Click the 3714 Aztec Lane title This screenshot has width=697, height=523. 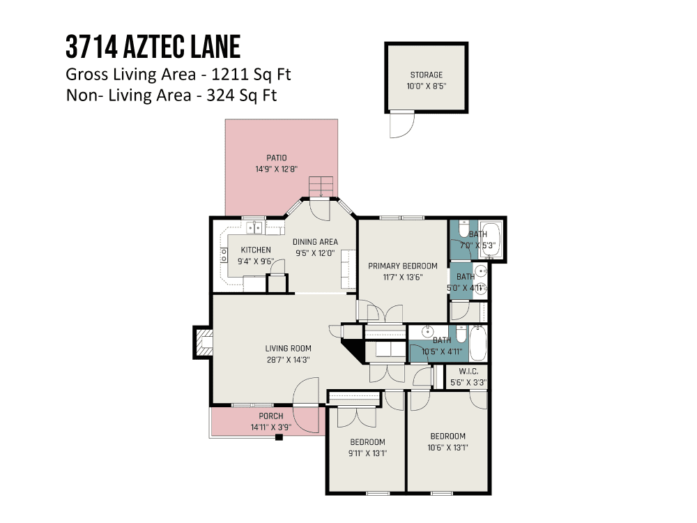153,47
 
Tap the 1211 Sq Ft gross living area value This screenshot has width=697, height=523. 251,75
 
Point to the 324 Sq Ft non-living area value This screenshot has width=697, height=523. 241,95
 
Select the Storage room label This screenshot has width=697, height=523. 427,75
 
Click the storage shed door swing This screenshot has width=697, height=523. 402,126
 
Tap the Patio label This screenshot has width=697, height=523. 277,158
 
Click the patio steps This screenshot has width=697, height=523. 321,187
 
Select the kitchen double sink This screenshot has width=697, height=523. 254,228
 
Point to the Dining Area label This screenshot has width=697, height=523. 315,242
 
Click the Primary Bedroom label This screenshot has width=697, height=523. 403,266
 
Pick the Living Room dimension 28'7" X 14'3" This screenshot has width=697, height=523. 288,360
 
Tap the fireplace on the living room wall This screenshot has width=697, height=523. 203,342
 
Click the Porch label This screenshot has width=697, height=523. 271,416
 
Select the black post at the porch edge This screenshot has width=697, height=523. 279,437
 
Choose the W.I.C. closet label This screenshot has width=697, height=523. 468,372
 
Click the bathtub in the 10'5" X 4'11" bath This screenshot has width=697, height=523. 478,343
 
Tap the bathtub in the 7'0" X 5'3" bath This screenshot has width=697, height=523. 490,239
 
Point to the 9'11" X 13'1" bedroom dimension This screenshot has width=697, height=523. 367,454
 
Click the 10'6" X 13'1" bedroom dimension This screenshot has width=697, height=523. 447,448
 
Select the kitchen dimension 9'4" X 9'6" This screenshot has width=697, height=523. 256,261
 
